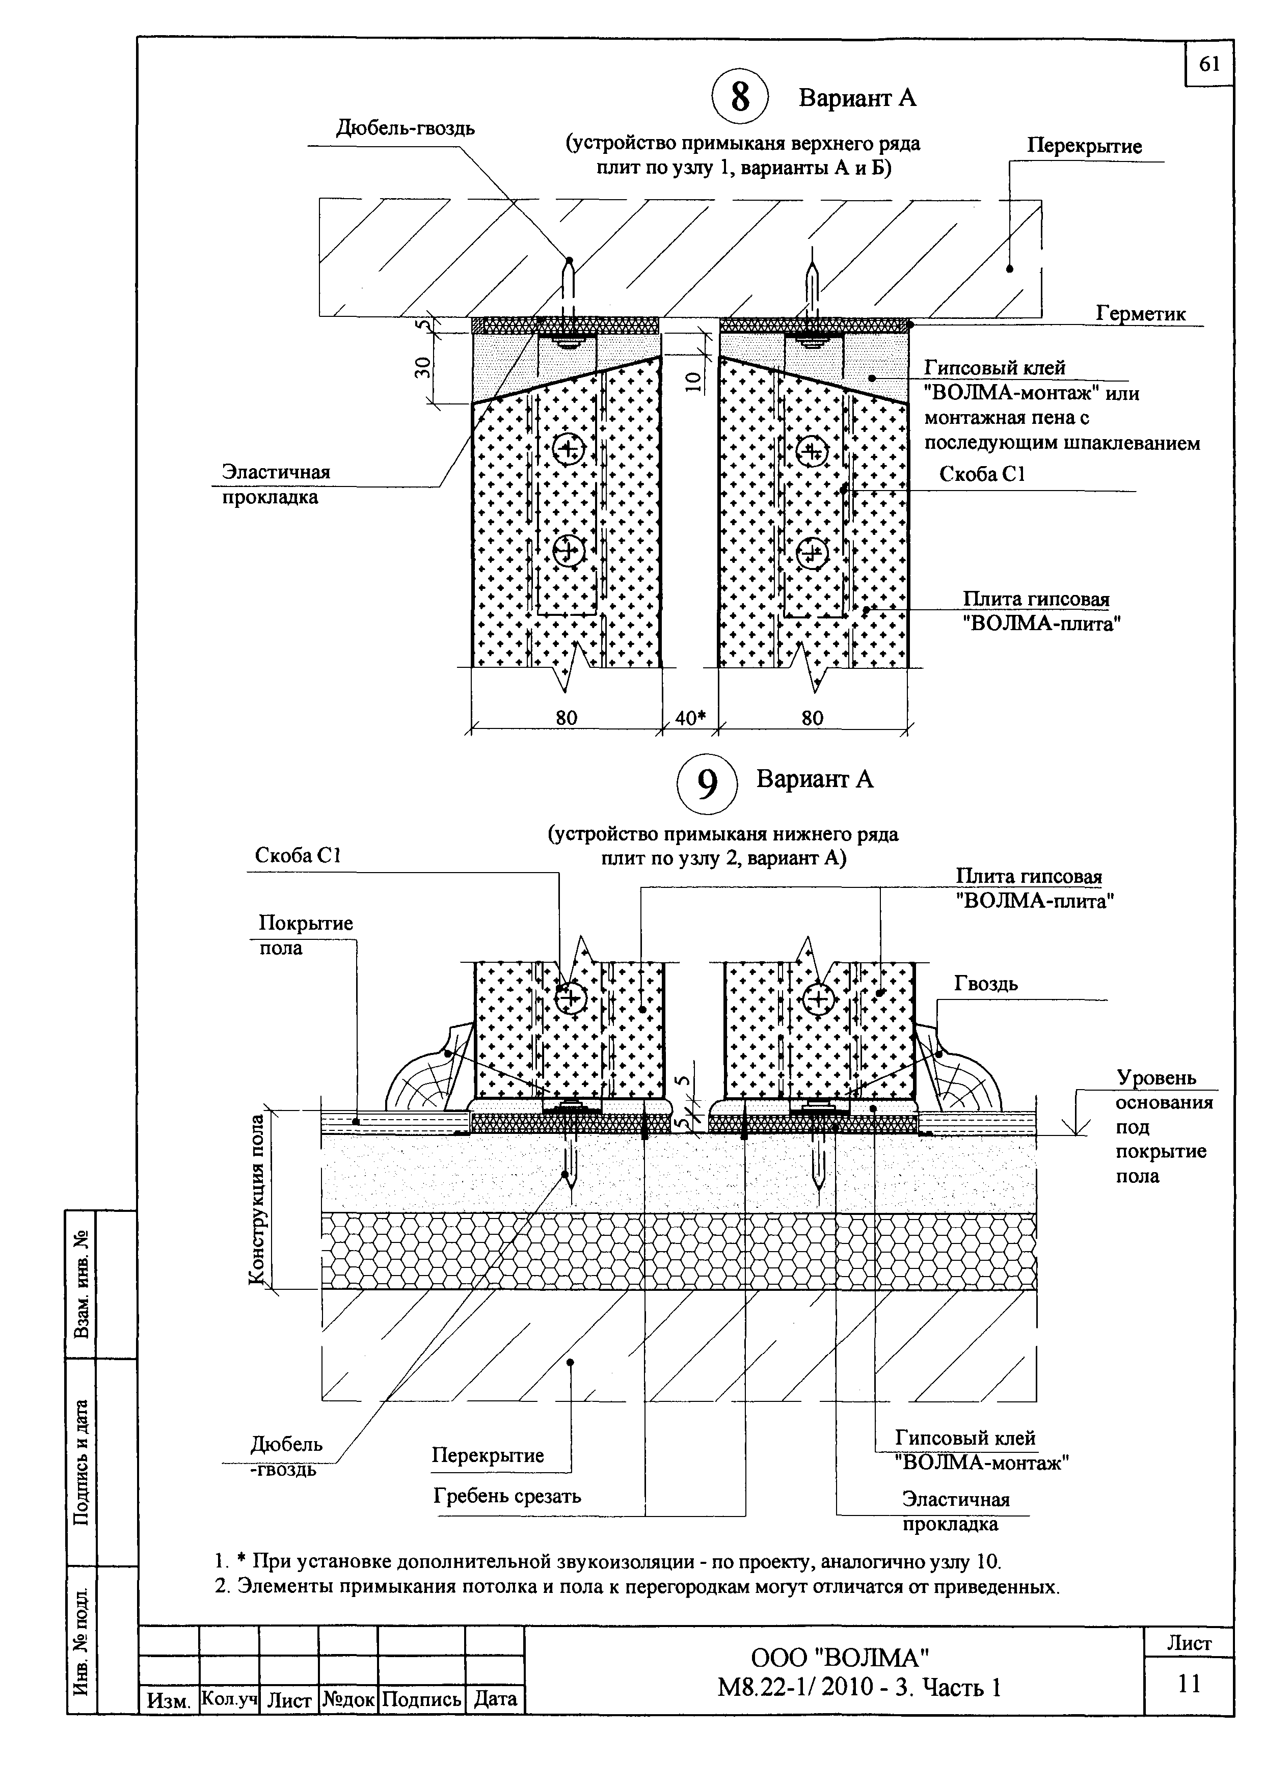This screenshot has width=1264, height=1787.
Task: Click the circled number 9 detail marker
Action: click(706, 784)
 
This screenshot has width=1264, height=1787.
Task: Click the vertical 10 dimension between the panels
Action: click(695, 379)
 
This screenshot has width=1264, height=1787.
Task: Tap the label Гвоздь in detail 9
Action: click(986, 984)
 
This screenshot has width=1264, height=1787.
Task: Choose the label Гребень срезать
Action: click(507, 1496)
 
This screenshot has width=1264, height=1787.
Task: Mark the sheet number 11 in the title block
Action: click(1189, 1684)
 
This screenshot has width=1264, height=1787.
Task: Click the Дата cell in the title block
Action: click(495, 1698)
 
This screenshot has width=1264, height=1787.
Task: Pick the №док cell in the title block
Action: click(348, 1699)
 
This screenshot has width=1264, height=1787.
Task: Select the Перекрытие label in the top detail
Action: click(1084, 146)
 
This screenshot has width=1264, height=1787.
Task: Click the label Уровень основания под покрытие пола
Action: click(1164, 1126)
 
